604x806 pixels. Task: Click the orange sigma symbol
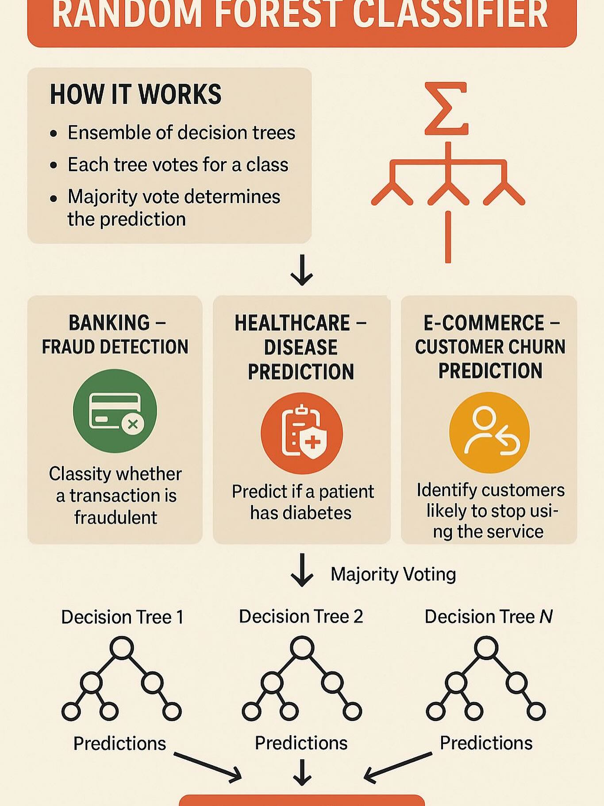446,108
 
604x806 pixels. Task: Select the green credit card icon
115,411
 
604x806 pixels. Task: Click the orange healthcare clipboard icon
302,433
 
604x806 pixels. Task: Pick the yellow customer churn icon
489,432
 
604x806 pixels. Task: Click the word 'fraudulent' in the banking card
115,517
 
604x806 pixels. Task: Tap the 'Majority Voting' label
393,574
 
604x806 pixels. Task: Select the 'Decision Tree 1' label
122,617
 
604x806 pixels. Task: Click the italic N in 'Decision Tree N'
546,616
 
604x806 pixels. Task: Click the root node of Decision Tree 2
302,648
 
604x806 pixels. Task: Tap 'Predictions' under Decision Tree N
486,743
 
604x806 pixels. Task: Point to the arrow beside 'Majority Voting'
302,570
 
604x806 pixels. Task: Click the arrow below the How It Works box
302,270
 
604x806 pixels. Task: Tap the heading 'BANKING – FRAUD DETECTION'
115,334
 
